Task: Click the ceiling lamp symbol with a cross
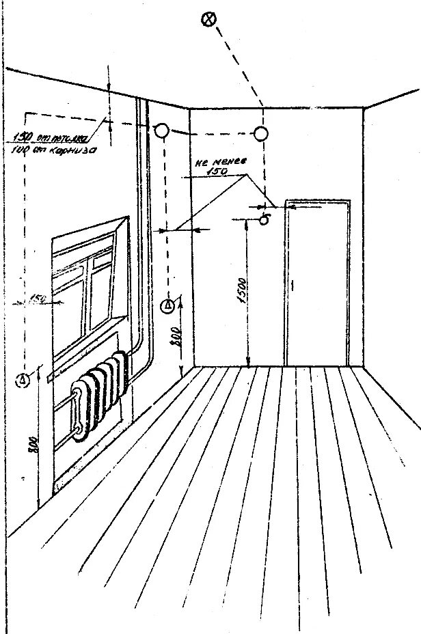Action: (x=208, y=19)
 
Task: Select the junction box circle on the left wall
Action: (x=161, y=130)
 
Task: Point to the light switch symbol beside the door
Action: (x=265, y=219)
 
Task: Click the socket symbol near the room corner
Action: (x=168, y=306)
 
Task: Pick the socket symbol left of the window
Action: (x=23, y=378)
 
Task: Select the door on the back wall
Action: (x=317, y=284)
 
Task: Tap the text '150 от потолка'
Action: (x=41, y=136)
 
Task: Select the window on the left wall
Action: (x=85, y=287)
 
